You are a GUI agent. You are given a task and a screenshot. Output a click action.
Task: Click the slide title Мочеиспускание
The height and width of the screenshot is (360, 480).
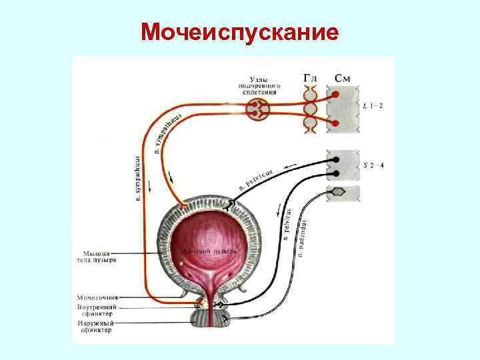240,31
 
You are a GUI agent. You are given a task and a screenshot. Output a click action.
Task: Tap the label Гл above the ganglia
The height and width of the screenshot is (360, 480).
311,79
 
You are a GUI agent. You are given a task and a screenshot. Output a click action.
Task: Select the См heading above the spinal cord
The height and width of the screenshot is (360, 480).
342,79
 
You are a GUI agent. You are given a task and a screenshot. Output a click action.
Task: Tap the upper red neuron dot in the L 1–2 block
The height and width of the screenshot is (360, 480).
337,94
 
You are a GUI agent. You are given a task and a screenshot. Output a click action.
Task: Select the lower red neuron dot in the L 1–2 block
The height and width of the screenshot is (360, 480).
337,122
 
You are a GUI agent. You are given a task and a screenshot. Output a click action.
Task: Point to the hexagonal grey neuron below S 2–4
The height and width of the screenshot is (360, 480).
339,192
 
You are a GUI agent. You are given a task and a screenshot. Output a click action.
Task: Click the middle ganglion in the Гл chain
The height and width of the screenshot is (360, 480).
311,108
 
